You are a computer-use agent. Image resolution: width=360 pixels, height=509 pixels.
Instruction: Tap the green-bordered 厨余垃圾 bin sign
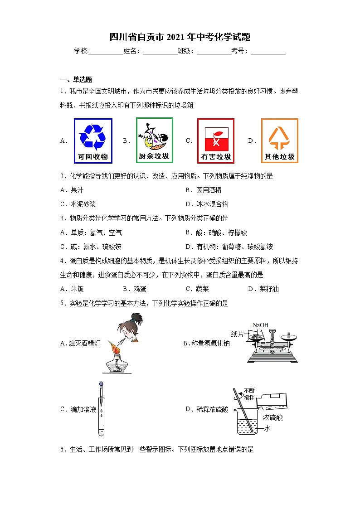[x=154, y=140]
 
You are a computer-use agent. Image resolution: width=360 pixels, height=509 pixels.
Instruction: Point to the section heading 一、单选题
[x=76, y=79]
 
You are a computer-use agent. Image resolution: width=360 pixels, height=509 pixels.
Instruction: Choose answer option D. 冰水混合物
[x=207, y=204]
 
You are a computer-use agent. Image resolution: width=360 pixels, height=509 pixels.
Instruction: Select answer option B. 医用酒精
[x=204, y=190]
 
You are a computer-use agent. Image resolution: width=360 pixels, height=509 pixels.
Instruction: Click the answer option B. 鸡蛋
[x=135, y=289]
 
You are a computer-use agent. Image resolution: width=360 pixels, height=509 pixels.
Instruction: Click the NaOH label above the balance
[x=260, y=325]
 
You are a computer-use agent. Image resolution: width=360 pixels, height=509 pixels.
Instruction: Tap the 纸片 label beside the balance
[x=238, y=334]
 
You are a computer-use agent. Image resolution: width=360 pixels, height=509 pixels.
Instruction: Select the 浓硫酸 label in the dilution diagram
[x=273, y=417]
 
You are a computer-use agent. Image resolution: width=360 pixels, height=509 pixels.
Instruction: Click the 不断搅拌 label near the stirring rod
[x=249, y=393]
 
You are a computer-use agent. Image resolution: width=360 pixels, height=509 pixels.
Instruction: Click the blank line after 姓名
[x=160, y=52]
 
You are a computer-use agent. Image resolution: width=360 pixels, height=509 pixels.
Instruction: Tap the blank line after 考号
[x=268, y=52]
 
